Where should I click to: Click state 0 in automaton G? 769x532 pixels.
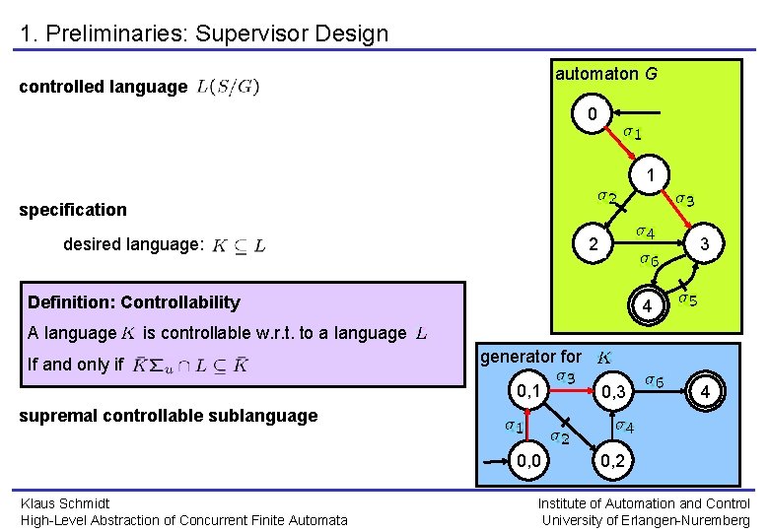pyautogui.click(x=593, y=115)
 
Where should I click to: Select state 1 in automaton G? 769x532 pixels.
pyautogui.click(x=650, y=174)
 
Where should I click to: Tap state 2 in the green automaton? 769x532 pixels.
pyautogui.click(x=593, y=244)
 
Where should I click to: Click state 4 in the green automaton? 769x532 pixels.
pyautogui.click(x=647, y=308)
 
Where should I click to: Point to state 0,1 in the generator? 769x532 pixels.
pyautogui.click(x=529, y=391)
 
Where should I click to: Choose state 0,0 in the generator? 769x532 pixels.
pyautogui.click(x=529, y=460)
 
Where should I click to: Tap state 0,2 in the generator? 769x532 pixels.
pyautogui.click(x=612, y=460)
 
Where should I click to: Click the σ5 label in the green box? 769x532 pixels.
pyautogui.click(x=688, y=298)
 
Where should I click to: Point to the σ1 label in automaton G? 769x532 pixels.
pyautogui.click(x=633, y=132)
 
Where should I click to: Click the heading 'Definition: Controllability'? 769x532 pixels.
pyautogui.click(x=134, y=302)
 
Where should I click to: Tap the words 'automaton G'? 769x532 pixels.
pyautogui.click(x=606, y=74)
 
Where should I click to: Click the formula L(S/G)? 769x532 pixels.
pyautogui.click(x=228, y=87)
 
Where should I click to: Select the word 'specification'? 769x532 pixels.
pyautogui.click(x=73, y=209)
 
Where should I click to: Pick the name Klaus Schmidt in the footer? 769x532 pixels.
pyautogui.click(x=66, y=503)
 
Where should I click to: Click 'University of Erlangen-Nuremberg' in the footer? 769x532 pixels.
pyautogui.click(x=646, y=520)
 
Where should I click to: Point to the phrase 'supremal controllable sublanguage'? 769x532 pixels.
pyautogui.click(x=168, y=415)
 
